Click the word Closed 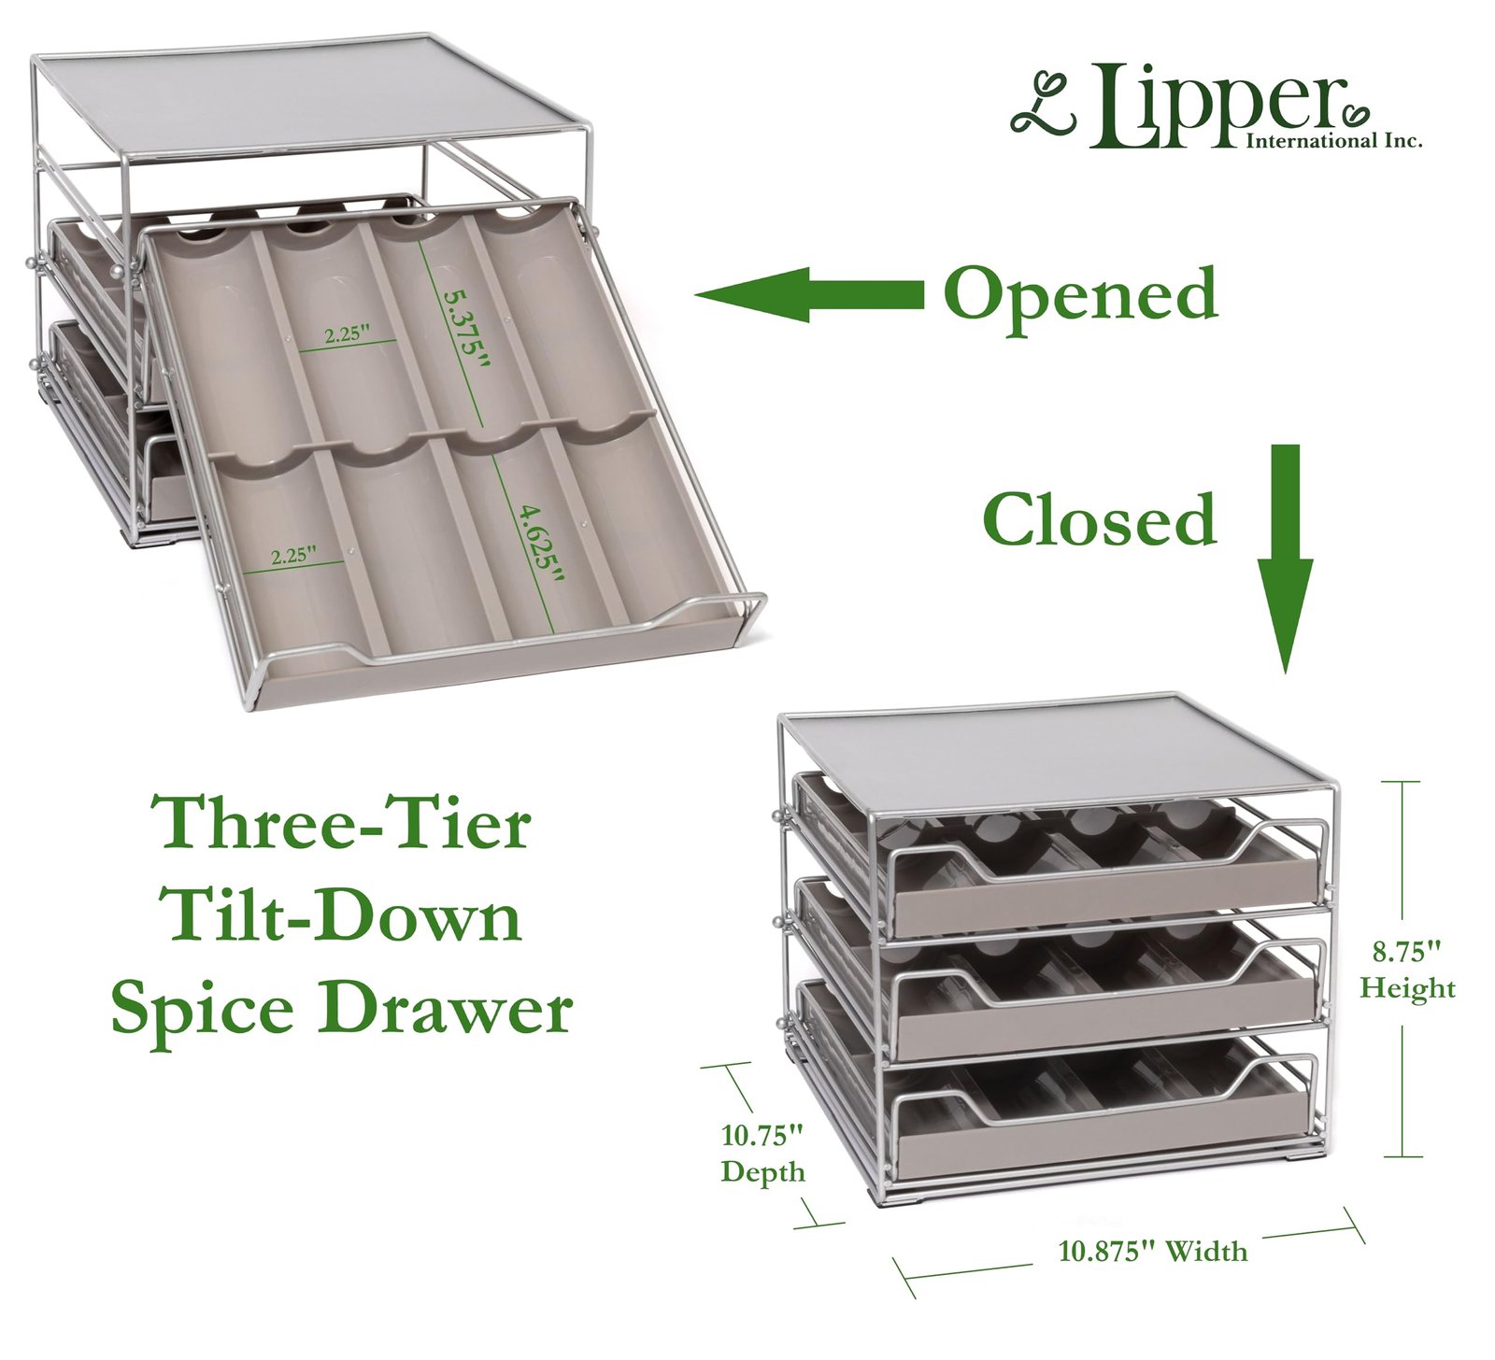pos(1099,520)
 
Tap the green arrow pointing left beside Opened pos(809,294)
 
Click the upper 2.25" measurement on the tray pos(348,333)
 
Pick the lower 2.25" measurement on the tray pos(294,556)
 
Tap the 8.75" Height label pos(1407,970)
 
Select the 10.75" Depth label pos(762,1154)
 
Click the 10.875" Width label pos(1152,1251)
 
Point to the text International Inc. pos(1333,141)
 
